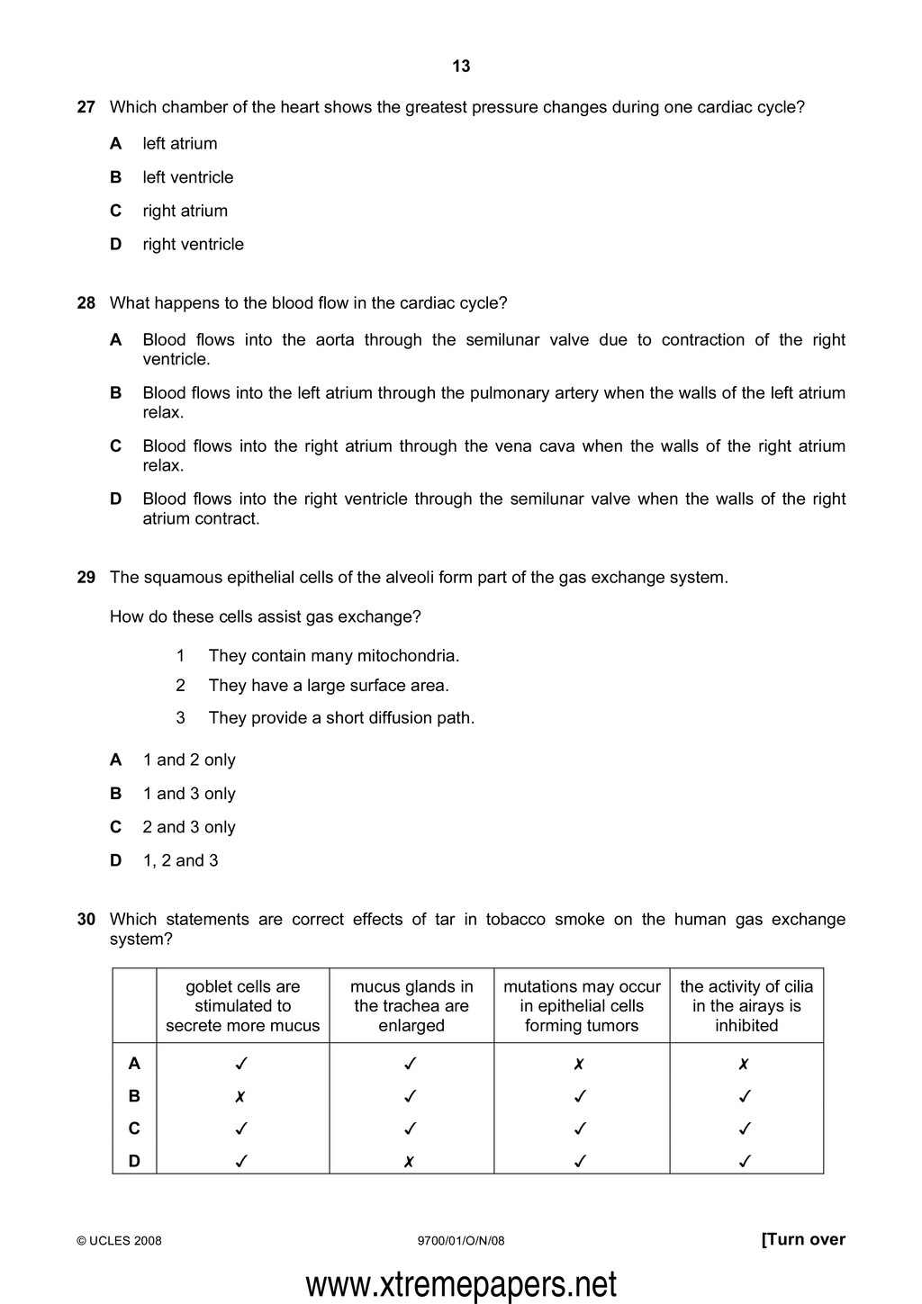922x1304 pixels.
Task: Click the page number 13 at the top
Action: (461, 67)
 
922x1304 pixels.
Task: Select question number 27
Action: (86, 107)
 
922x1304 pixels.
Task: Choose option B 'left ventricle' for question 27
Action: (187, 177)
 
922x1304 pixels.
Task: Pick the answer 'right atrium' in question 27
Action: (185, 211)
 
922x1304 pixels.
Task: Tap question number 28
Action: (86, 303)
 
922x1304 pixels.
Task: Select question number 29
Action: (86, 578)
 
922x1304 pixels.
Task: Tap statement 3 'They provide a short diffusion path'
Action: (341, 718)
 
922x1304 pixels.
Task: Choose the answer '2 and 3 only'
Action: (189, 827)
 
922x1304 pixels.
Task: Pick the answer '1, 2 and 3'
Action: (180, 860)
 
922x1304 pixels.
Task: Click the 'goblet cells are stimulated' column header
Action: (243, 1006)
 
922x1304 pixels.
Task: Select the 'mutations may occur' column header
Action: (582, 1006)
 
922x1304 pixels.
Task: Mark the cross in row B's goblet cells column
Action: (240, 1096)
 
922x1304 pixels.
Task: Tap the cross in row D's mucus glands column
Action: (409, 1162)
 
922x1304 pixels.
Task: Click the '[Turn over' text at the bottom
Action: (803, 1240)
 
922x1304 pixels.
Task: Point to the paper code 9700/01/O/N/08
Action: (461, 1241)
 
